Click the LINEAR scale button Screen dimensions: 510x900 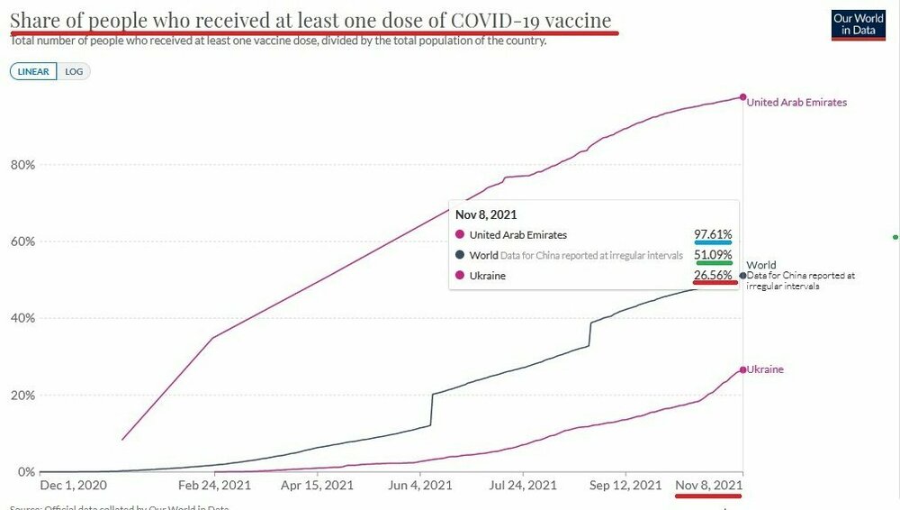(x=33, y=71)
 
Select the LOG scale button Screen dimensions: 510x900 (x=75, y=71)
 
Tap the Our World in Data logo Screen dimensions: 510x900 (x=859, y=24)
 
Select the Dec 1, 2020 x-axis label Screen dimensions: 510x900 (x=75, y=485)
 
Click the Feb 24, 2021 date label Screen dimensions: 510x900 (x=213, y=485)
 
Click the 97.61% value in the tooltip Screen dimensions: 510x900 (x=713, y=235)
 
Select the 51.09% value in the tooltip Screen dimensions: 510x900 (x=713, y=255)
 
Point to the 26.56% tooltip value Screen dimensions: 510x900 (x=713, y=275)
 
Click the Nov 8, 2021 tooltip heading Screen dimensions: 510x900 (x=486, y=214)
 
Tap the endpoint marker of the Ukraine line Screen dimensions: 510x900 (x=742, y=369)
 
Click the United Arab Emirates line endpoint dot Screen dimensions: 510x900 (x=742, y=97)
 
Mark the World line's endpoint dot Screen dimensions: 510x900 (x=742, y=275)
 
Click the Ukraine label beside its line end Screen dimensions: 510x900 (x=765, y=369)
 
